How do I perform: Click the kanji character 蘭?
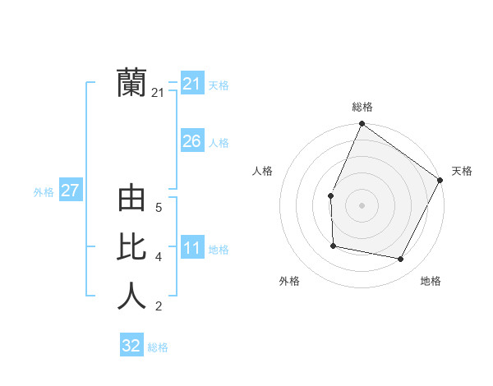131,83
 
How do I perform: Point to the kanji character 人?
131,296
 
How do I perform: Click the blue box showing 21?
191,84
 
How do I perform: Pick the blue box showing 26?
191,141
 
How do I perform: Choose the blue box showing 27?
70,191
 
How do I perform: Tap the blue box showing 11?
191,248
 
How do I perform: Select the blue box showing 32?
131,346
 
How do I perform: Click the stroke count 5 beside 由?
158,208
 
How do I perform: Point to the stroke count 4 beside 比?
158,257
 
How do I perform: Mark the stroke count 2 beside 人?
158,307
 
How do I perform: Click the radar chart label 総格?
362,107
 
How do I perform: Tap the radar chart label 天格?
462,171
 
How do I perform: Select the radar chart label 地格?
431,281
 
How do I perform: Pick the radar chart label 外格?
289,281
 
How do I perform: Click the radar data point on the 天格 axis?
440,180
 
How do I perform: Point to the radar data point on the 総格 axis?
362,124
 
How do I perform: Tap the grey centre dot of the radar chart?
362,205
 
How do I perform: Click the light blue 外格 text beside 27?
44,192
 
